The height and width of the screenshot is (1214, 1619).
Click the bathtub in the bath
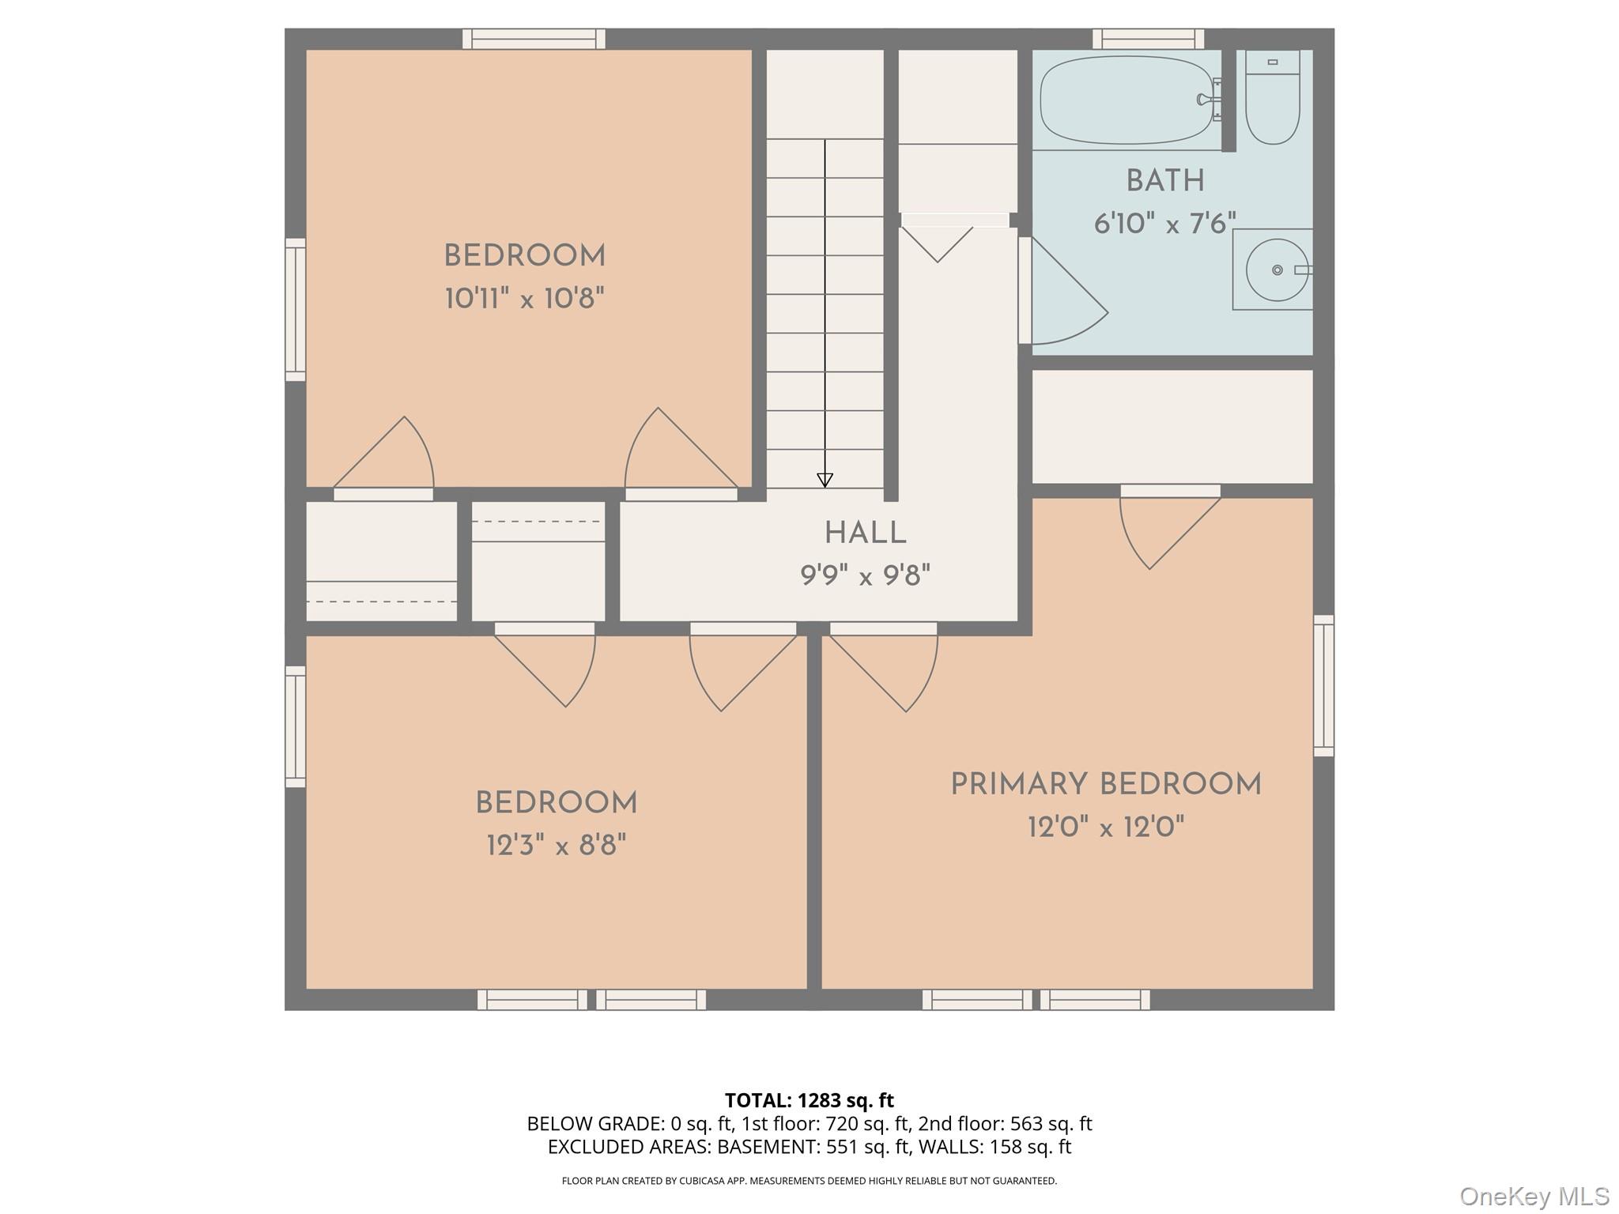[1126, 100]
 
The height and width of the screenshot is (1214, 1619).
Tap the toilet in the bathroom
[1272, 99]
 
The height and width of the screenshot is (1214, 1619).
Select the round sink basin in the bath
[1276, 270]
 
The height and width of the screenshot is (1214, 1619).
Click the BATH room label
[1164, 181]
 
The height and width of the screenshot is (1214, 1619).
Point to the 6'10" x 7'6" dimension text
[1164, 224]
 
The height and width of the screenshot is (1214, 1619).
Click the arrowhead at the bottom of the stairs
[825, 480]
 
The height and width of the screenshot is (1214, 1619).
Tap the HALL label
[865, 533]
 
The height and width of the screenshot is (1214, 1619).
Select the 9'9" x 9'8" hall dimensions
[865, 575]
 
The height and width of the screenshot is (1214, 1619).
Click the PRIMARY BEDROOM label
[1105, 785]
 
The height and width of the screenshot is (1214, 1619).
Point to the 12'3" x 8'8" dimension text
[556, 846]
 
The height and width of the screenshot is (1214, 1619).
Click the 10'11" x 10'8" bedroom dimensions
[524, 299]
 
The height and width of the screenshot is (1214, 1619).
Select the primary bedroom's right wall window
[1323, 685]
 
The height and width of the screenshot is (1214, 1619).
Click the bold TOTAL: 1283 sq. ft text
[809, 1100]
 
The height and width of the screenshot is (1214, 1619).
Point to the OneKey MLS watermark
[1534, 1196]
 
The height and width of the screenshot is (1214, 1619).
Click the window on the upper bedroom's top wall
[534, 39]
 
